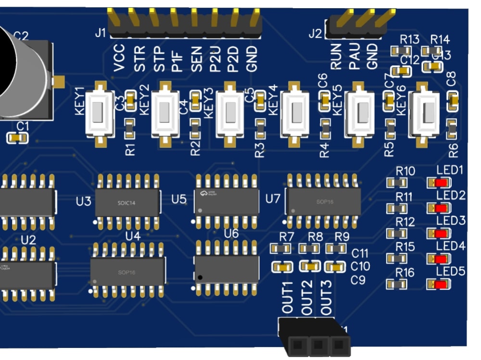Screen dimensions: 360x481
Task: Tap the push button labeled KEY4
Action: [x=295, y=114]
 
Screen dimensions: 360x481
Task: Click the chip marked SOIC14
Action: [x=127, y=202]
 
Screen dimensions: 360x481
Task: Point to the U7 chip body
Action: [x=323, y=201]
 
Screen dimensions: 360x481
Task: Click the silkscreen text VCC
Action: [x=119, y=58]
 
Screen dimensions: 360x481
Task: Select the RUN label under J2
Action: [x=337, y=56]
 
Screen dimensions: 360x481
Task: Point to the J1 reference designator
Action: [x=100, y=34]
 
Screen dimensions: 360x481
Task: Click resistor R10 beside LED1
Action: [x=397, y=183]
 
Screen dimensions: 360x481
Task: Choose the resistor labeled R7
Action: [x=280, y=248]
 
